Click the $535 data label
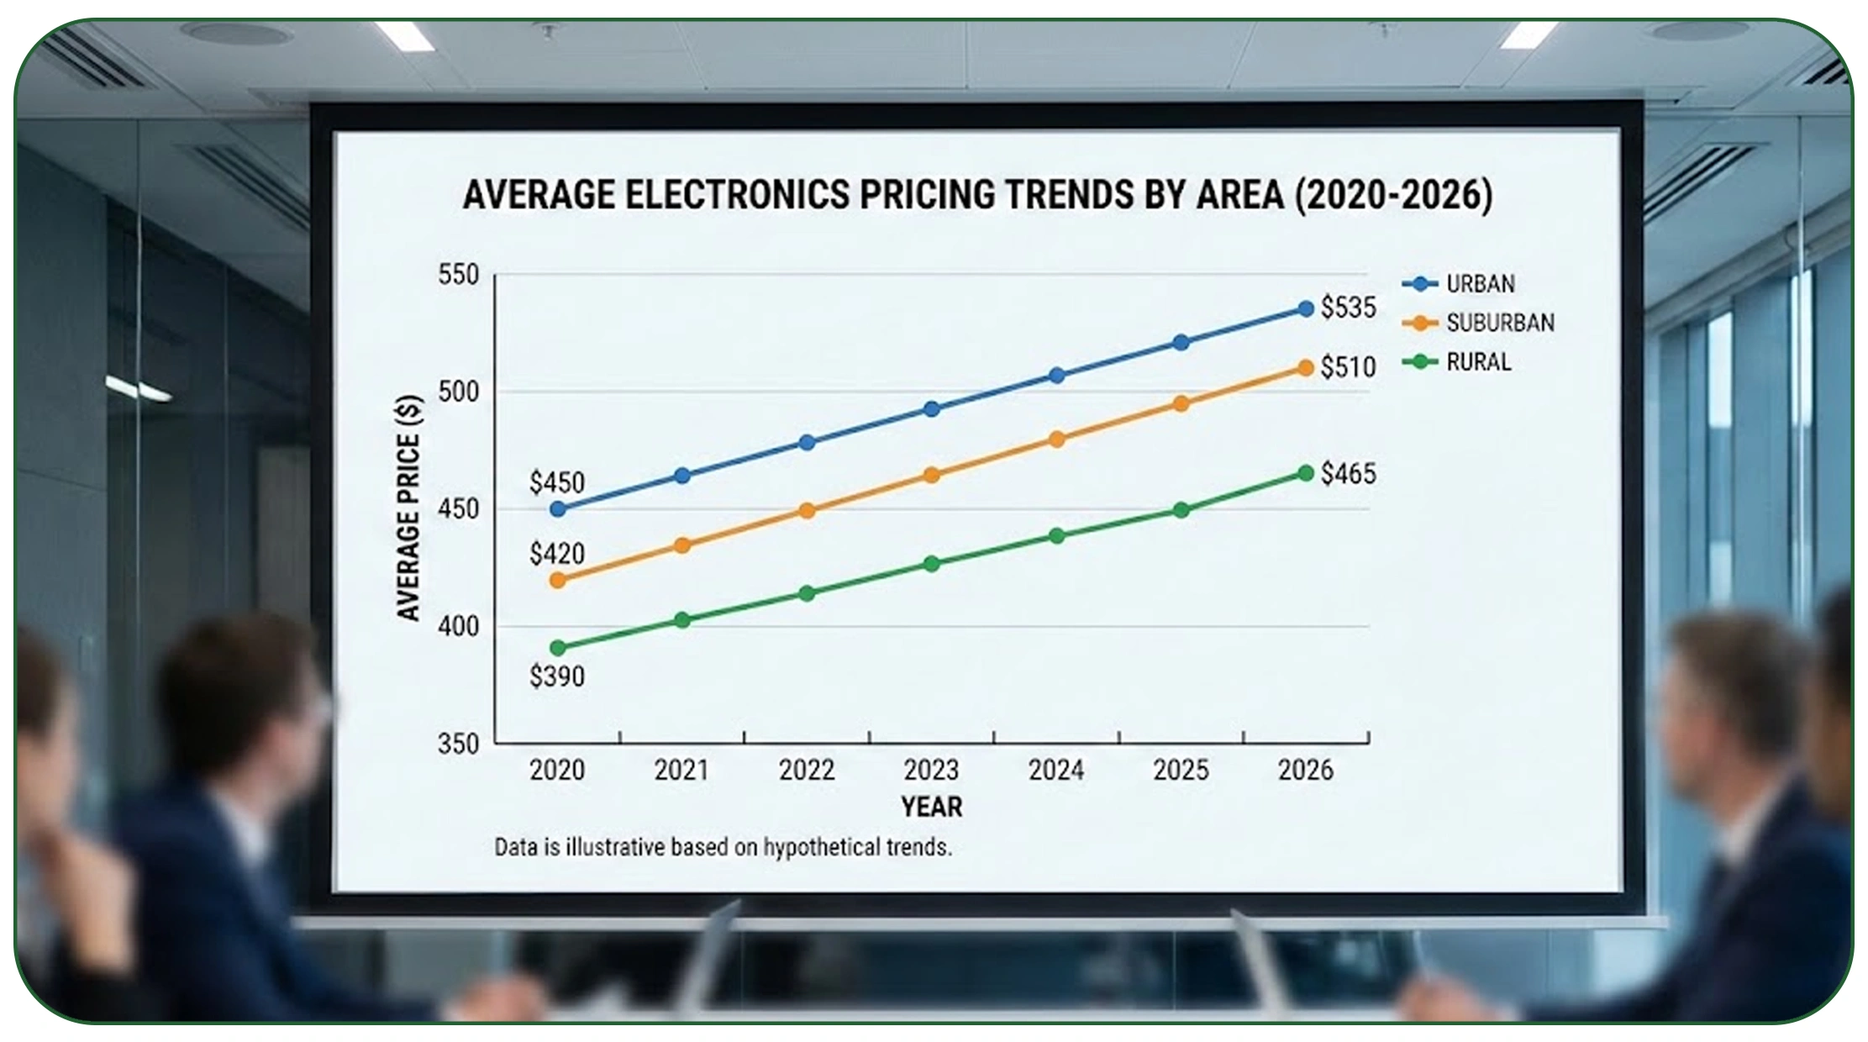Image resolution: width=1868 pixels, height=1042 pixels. pyautogui.click(x=1348, y=308)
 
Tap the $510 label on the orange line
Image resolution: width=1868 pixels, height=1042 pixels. pyautogui.click(x=1348, y=367)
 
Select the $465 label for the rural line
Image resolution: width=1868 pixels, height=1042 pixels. pyautogui.click(x=1348, y=474)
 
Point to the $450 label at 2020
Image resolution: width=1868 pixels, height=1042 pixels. pyautogui.click(x=556, y=482)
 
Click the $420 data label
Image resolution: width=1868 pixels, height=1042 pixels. pyautogui.click(x=556, y=554)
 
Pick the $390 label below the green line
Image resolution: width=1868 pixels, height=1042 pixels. pyautogui.click(x=556, y=676)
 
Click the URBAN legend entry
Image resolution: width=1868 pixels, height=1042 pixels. pyautogui.click(x=1480, y=284)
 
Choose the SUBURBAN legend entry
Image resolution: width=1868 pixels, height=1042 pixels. pyautogui.click(x=1499, y=323)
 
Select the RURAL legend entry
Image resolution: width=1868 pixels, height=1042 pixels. pyautogui.click(x=1477, y=362)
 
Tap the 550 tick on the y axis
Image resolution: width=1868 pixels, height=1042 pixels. pyautogui.click(x=458, y=275)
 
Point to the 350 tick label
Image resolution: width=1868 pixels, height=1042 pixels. pyautogui.click(x=458, y=744)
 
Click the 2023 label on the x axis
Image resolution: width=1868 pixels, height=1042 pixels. pyautogui.click(x=931, y=770)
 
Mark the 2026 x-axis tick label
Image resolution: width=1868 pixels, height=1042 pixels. pyautogui.click(x=1305, y=770)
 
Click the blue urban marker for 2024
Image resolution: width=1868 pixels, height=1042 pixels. pyautogui.click(x=1057, y=376)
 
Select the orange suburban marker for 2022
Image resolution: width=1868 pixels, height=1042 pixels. pyautogui.click(x=807, y=511)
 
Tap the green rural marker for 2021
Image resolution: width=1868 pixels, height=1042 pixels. pyautogui.click(x=682, y=620)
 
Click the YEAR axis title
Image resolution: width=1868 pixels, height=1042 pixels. pyautogui.click(x=931, y=807)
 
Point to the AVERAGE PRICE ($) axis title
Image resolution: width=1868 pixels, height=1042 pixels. pyautogui.click(x=408, y=508)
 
